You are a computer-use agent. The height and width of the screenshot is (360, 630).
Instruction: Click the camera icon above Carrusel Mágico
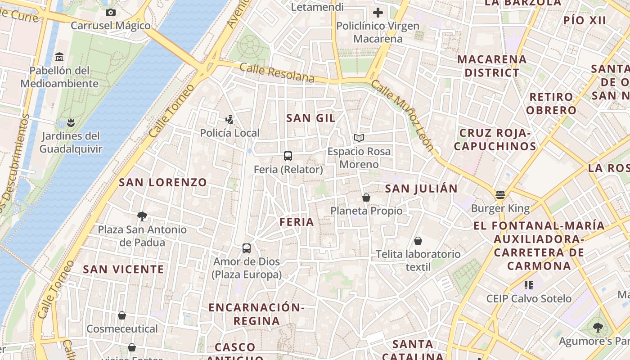click(110, 13)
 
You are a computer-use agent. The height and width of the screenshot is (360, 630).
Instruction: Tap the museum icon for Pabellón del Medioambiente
click(59, 57)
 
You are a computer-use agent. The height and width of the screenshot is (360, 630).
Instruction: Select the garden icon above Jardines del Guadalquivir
click(70, 122)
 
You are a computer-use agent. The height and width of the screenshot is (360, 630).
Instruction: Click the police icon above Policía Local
click(230, 119)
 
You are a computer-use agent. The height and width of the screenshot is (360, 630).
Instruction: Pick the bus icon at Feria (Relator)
click(288, 156)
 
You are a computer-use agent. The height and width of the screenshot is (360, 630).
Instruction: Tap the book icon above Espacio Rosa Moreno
click(359, 138)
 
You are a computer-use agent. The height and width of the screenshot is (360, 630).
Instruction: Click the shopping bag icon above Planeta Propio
click(366, 198)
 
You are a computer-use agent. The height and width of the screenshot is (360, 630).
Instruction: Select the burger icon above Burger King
click(500, 195)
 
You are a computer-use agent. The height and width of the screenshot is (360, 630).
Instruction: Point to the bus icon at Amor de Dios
click(247, 248)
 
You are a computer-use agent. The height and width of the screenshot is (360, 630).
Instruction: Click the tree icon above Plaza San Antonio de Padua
click(142, 216)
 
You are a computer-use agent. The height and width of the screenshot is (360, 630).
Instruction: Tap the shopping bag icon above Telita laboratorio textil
click(418, 241)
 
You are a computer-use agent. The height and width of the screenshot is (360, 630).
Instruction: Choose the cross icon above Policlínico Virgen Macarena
click(378, 13)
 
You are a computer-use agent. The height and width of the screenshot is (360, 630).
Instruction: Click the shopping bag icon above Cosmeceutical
click(122, 315)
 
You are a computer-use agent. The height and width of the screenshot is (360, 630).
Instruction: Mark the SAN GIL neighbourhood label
click(311, 118)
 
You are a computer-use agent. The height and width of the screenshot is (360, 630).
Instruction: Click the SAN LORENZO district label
click(163, 182)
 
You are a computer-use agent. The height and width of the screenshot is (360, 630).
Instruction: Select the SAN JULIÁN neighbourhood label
click(421, 189)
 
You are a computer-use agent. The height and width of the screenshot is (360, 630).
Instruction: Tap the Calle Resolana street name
click(277, 73)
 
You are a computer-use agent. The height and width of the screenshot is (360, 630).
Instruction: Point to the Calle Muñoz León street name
click(403, 116)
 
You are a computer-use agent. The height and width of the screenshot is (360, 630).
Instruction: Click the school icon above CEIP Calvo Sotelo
click(529, 285)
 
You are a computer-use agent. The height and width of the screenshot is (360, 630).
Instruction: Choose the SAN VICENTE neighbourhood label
click(124, 270)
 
